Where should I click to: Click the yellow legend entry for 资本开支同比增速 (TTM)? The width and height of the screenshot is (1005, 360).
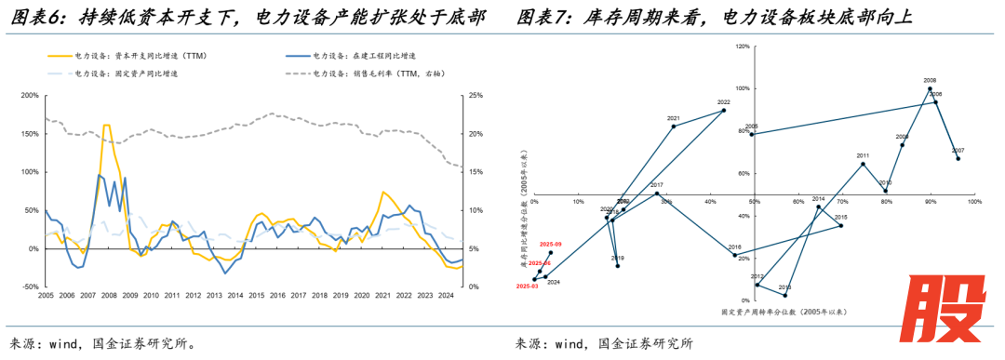[x=140, y=57]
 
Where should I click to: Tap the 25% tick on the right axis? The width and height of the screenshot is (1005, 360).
[x=475, y=95]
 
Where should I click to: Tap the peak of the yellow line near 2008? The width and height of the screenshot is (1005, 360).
[x=106, y=125]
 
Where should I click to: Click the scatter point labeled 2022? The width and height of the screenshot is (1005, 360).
[x=724, y=111]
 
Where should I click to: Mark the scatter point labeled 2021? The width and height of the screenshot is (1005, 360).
[x=674, y=126]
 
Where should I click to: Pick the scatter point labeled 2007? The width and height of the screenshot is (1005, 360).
[x=958, y=158]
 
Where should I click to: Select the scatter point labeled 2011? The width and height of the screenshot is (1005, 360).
[x=863, y=164]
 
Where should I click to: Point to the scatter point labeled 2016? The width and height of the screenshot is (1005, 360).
[x=734, y=255]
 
